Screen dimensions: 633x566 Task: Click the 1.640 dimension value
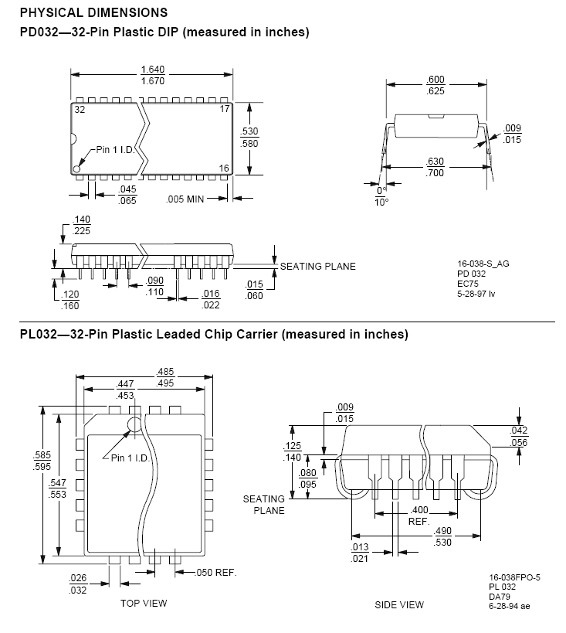[x=151, y=69]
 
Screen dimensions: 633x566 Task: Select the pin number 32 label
[x=80, y=110]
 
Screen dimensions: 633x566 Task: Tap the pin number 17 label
[x=225, y=110]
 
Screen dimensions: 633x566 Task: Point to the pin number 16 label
[x=225, y=168]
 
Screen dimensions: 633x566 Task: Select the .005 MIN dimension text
[x=185, y=199]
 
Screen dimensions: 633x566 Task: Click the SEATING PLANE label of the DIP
[x=317, y=267]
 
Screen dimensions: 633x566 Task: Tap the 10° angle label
[x=381, y=202]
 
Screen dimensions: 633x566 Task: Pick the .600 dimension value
[x=436, y=80]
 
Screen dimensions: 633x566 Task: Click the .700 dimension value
[x=436, y=172]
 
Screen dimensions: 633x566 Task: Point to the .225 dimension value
[x=81, y=230]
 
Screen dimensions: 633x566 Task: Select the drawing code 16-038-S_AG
[x=483, y=264]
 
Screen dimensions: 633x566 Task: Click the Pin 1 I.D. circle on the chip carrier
[x=134, y=424]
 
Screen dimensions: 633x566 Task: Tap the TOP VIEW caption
[x=143, y=603]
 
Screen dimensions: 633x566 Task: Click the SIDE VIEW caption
[x=399, y=604]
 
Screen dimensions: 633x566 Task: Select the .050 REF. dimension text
[x=215, y=573]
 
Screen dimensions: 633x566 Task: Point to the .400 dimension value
[x=419, y=511]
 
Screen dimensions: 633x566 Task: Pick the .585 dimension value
[x=42, y=455]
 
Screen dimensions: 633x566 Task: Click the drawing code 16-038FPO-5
[x=515, y=577]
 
